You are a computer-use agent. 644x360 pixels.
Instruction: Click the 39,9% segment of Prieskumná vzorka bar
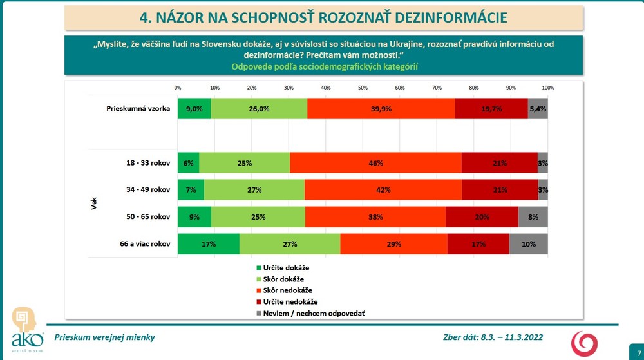[x=381, y=109]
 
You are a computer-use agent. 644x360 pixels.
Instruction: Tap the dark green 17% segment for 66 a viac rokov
[x=209, y=244]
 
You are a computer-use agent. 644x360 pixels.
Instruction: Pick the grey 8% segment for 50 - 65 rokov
[x=533, y=217]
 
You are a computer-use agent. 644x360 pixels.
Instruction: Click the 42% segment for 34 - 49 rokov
[x=383, y=190]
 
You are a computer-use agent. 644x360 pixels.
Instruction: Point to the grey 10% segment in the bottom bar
[x=528, y=244]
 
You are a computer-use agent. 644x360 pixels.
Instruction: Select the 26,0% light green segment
[x=259, y=109]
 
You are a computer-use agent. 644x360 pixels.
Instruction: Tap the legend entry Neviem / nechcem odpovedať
[x=309, y=313]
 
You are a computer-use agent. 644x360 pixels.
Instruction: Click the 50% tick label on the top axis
[x=363, y=87]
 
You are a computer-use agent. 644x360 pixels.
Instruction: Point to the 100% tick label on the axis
[x=547, y=87]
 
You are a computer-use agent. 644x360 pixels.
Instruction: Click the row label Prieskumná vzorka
[x=138, y=109]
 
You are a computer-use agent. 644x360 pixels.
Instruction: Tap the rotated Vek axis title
[x=94, y=204]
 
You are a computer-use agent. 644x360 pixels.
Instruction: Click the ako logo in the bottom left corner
[x=28, y=329]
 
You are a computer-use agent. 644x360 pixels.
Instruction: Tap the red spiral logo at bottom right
[x=585, y=343]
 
